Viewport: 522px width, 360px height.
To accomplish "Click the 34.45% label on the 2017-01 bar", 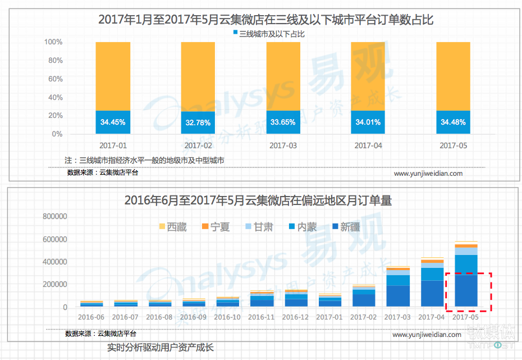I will [x=112, y=122].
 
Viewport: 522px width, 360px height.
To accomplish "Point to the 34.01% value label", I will [x=368, y=122].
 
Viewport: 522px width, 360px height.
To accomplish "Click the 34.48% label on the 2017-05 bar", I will [x=454, y=122].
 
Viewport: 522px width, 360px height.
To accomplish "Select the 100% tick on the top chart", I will [x=53, y=42].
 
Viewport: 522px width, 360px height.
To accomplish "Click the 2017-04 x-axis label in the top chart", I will [x=368, y=145].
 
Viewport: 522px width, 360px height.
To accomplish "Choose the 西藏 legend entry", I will [x=173, y=227].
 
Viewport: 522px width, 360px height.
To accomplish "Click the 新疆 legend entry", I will [x=346, y=227].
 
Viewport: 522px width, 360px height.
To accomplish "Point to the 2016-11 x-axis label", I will [x=262, y=317].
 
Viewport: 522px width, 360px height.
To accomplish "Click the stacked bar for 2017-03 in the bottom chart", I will [x=398, y=286].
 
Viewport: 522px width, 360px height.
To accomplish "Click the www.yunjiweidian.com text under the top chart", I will [x=428, y=174].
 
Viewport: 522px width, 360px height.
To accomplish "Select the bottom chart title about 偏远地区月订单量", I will [x=258, y=200].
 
